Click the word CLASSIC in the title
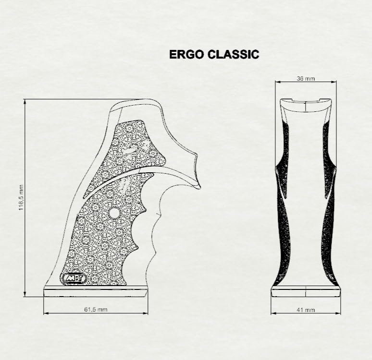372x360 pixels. (233, 54)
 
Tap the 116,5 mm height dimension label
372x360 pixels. (21, 198)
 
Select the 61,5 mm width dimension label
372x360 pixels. (96, 309)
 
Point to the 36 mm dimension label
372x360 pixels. (306, 78)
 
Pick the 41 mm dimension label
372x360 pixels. (306, 310)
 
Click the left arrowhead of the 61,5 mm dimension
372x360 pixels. (46, 313)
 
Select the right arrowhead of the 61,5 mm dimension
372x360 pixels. (145, 313)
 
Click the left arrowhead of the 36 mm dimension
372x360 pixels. (278, 82)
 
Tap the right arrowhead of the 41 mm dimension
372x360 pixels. (338, 313)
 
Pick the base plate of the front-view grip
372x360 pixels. (306, 291)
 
